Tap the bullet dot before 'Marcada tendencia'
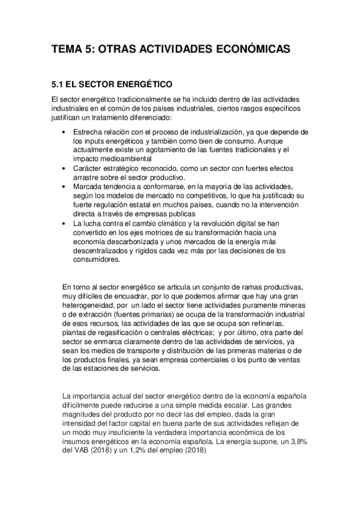click(x=64, y=187)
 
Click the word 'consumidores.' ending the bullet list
click(x=97, y=261)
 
